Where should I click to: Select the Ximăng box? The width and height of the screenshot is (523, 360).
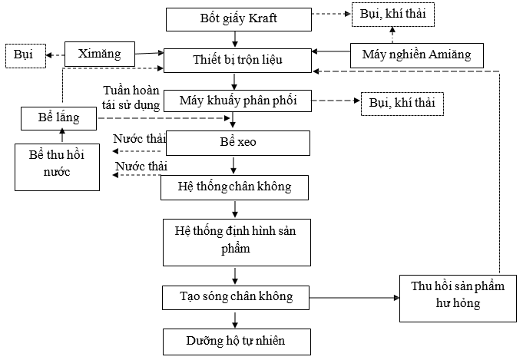click(x=100, y=55)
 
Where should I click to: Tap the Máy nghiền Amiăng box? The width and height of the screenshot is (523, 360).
click(x=416, y=55)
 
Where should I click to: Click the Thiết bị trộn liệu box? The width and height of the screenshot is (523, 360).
click(x=238, y=59)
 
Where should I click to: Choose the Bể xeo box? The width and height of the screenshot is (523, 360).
click(x=237, y=143)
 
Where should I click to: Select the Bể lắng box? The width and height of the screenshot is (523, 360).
click(x=58, y=118)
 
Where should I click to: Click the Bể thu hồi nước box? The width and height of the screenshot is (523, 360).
click(x=58, y=167)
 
